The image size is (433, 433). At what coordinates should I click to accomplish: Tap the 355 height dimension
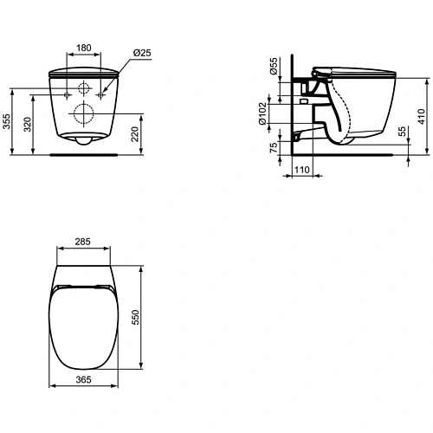(x=7, y=122)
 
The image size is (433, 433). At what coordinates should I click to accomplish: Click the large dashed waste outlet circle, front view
(x=85, y=112)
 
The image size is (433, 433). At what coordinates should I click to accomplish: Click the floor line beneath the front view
(x=85, y=156)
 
